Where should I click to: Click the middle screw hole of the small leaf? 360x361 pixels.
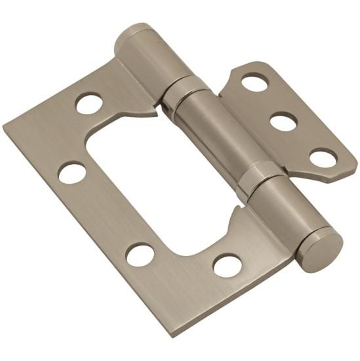tap(283, 121)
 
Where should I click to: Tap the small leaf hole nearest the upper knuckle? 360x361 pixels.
tap(254, 83)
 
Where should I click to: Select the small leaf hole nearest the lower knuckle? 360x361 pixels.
tap(323, 158)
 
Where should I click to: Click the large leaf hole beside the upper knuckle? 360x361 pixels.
tap(89, 103)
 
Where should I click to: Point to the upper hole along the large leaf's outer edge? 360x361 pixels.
tap(72, 173)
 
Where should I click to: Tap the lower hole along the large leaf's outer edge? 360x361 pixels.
tap(140, 254)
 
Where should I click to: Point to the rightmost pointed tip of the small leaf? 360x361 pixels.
tap(356, 162)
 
